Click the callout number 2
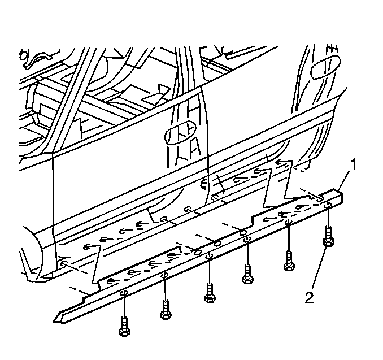[310, 298]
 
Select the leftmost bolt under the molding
[124, 326]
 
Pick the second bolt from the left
[166, 309]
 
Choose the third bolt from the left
[210, 293]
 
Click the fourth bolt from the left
[247, 274]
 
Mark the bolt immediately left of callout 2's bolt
[289, 261]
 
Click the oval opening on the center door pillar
[181, 133]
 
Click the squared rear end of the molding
[340, 195]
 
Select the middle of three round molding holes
[218, 244]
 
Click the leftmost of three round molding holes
[197, 252]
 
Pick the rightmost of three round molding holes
[243, 232]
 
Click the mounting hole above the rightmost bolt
[328, 205]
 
